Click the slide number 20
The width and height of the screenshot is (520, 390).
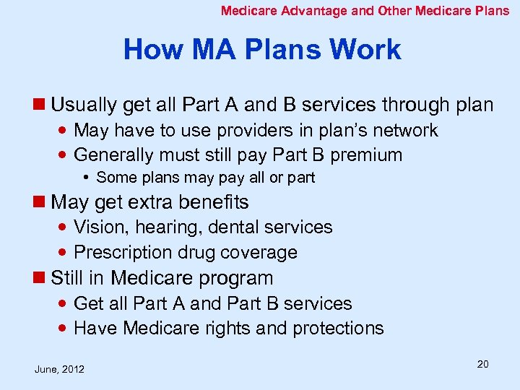click(482, 364)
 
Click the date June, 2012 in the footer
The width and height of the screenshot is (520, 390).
click(59, 369)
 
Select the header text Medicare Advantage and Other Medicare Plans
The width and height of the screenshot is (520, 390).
click(365, 11)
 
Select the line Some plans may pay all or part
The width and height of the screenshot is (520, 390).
click(205, 178)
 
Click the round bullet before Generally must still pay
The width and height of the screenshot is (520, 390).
click(65, 155)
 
